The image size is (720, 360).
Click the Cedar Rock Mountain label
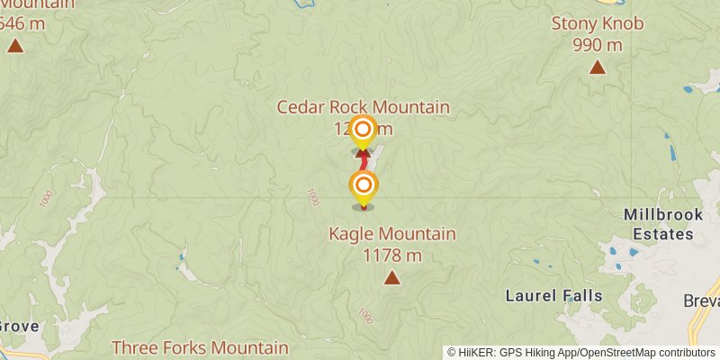pyautogui.click(x=363, y=108)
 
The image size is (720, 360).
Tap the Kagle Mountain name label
pyautogui.click(x=391, y=235)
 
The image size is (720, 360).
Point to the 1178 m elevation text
pyautogui.click(x=391, y=255)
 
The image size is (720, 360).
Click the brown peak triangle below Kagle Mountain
pyautogui.click(x=391, y=278)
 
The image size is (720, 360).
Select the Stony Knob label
pyautogui.click(x=598, y=24)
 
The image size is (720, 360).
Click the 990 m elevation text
pyautogui.click(x=598, y=45)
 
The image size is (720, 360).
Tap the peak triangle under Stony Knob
pyautogui.click(x=597, y=67)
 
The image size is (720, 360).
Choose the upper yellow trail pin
pyautogui.click(x=363, y=130)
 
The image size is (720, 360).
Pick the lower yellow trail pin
pyautogui.click(x=363, y=187)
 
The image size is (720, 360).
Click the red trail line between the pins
pyautogui.click(x=363, y=162)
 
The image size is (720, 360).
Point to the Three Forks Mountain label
pyautogui.click(x=200, y=347)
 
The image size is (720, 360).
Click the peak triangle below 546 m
pyautogui.click(x=15, y=44)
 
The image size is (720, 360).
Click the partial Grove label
pyautogui.click(x=18, y=326)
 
